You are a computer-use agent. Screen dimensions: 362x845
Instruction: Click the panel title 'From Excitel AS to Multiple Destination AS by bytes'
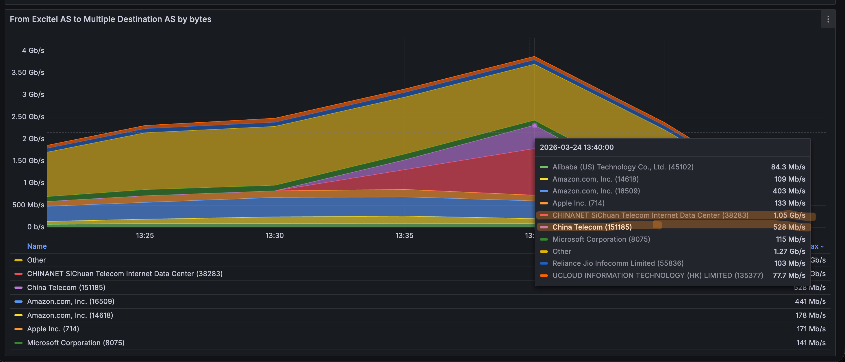111,19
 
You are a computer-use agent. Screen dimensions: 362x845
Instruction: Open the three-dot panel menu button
828,19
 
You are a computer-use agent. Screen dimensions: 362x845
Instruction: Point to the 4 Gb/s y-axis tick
33,51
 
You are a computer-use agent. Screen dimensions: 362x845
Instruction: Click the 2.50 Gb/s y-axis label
28,117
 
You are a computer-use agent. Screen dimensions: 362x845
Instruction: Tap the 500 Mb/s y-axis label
28,205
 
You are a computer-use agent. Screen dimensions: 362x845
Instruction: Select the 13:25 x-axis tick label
145,235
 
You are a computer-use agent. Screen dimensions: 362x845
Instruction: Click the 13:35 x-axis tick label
404,235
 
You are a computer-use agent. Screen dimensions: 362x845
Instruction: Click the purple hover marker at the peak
534,126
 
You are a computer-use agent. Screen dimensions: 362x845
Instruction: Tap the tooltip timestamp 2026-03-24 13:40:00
576,147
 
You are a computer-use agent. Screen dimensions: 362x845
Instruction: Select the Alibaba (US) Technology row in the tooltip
622,167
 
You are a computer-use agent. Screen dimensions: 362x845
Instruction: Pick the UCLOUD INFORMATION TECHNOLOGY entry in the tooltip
657,275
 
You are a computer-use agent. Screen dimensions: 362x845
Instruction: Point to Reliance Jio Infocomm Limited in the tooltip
618,263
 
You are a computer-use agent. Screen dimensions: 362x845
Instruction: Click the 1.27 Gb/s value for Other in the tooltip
789,251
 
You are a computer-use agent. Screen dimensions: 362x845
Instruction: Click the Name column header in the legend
37,246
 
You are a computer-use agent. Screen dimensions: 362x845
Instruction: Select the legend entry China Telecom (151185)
66,287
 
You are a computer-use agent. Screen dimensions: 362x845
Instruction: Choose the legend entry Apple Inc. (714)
53,329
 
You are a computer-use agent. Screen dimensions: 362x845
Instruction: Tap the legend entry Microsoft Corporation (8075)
75,343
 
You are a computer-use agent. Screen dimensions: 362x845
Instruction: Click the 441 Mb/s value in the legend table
810,301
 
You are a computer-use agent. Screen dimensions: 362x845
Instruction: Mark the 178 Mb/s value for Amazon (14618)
810,315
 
